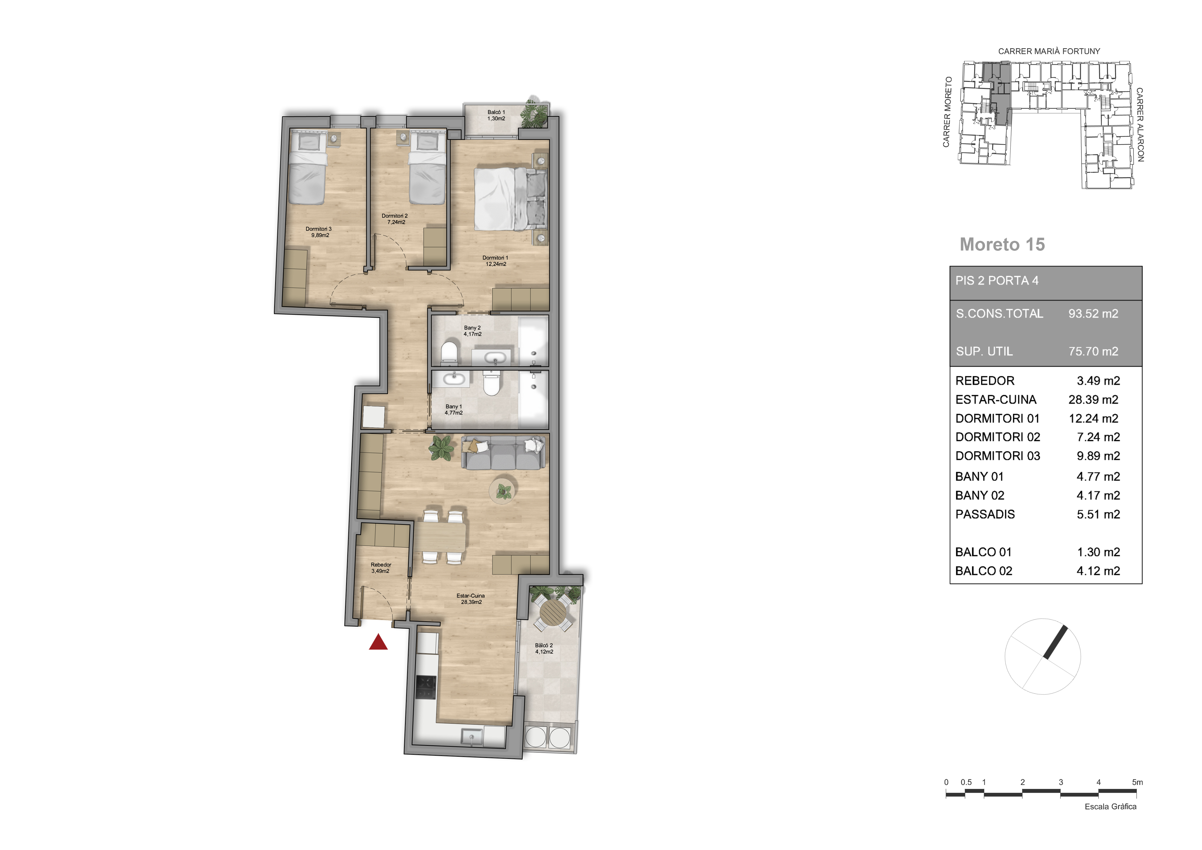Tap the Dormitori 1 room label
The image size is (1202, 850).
pos(495,261)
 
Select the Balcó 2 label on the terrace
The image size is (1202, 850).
pos(544,648)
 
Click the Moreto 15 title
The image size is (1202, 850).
pos(1002,244)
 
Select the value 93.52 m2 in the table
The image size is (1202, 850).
pos(1093,314)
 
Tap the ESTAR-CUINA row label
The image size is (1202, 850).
pos(996,400)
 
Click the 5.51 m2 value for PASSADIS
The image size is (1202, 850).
pos(1098,514)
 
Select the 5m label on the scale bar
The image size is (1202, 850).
pos(1137,782)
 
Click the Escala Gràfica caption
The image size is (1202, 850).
pos(1110,807)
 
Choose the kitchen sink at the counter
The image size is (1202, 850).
pos(472,737)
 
